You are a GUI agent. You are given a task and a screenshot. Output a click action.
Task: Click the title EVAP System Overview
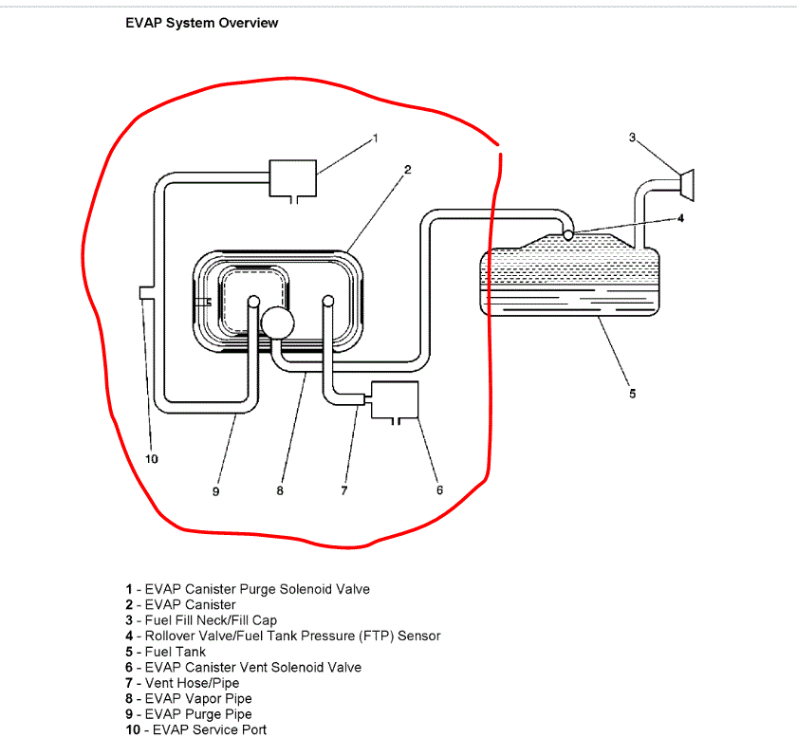click(201, 24)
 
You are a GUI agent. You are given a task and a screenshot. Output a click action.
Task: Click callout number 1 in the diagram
click(375, 138)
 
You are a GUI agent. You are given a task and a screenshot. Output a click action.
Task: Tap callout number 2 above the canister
click(406, 170)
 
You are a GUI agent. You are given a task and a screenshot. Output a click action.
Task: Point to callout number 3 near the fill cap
click(632, 138)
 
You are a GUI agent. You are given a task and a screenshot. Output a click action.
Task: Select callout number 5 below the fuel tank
click(632, 393)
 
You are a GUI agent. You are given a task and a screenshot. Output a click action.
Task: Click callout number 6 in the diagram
click(439, 490)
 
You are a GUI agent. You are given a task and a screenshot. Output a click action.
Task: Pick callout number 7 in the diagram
click(344, 490)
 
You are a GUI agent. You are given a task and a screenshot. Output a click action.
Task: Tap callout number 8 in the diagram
click(280, 490)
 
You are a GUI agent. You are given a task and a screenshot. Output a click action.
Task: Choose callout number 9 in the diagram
click(216, 490)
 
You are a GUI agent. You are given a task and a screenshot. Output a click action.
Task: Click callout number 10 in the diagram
click(151, 459)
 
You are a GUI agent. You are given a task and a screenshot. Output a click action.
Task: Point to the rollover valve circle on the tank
click(566, 233)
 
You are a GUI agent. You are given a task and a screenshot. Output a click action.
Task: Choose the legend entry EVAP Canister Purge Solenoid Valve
click(248, 589)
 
